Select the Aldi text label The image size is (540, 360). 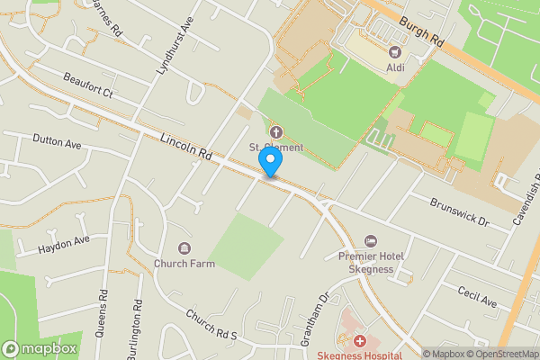[x=395, y=67]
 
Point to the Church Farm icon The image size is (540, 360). [x=184, y=248]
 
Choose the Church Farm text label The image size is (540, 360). [x=184, y=264]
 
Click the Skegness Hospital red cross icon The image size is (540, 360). [x=359, y=341]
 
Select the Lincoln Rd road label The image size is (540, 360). [x=187, y=148]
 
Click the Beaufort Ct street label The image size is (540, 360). [x=87, y=85]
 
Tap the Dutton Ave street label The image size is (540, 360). [x=57, y=142]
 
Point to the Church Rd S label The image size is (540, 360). [x=211, y=326]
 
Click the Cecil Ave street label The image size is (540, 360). [x=477, y=297]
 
